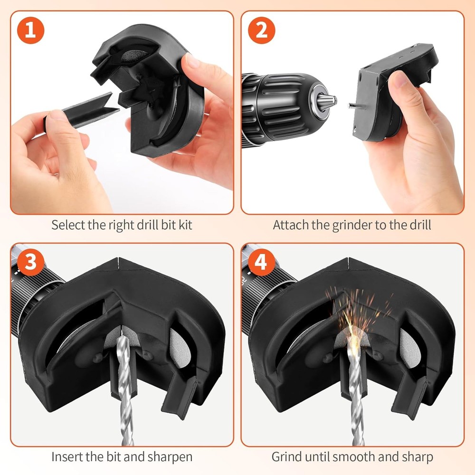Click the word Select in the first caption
coord(66,225)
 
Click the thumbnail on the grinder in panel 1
coord(192,61)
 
